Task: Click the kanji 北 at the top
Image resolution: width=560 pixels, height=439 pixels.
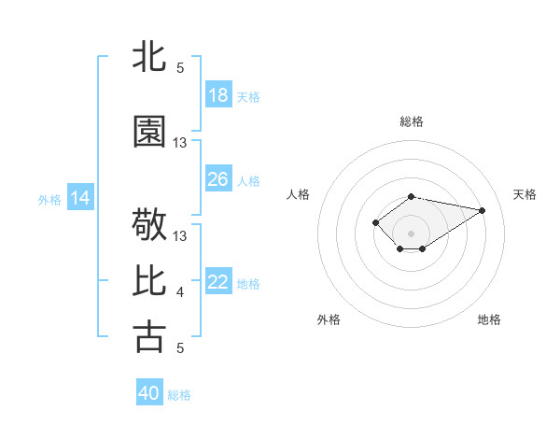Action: click(150, 58)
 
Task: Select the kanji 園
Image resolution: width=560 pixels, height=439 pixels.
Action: click(150, 134)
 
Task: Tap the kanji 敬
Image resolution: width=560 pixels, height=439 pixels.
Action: click(150, 226)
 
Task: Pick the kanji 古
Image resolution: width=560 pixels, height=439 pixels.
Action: click(150, 336)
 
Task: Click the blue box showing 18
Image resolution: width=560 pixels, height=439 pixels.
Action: click(218, 95)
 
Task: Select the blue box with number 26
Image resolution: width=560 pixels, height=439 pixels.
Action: click(218, 179)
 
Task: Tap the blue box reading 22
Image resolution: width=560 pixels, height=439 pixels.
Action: click(218, 282)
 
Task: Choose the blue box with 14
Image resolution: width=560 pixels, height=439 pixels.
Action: click(80, 198)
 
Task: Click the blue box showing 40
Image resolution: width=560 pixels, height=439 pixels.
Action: click(149, 393)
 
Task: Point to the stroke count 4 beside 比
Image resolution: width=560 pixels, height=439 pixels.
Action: click(180, 292)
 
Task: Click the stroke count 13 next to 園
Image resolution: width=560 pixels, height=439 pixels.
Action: click(180, 143)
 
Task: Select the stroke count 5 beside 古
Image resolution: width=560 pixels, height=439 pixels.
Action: click(180, 347)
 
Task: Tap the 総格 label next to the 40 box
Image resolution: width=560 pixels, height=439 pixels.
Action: click(179, 395)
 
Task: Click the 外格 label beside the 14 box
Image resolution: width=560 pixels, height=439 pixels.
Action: click(49, 199)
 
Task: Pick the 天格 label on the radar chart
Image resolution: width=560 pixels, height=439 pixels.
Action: click(525, 194)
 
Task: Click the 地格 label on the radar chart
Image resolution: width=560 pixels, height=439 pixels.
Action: click(489, 319)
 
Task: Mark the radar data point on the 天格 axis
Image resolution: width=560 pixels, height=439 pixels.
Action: click(483, 209)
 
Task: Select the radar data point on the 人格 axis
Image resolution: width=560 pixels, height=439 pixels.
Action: click(375, 222)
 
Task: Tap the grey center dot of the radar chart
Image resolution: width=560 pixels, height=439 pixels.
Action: click(411, 233)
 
